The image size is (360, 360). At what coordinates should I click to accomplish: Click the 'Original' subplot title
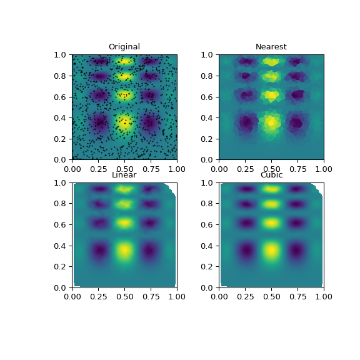coord(124,47)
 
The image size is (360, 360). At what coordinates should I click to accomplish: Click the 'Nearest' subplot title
coord(271,47)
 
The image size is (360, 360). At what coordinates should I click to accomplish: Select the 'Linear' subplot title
coord(124,175)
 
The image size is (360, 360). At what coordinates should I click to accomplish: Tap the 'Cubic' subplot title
coord(271,175)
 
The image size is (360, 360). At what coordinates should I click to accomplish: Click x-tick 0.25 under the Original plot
coord(98,167)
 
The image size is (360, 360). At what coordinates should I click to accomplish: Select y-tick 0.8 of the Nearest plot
coord(209,76)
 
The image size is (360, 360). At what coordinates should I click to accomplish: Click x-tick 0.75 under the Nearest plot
coord(297,167)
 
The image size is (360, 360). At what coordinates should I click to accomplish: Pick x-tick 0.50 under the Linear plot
coord(124,296)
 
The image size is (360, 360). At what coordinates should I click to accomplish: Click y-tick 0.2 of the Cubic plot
coord(209,267)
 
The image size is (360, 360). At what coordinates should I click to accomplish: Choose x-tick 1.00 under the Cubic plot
coord(324,296)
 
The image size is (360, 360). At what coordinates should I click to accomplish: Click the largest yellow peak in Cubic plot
coord(271,251)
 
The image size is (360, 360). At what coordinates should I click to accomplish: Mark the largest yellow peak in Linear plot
coord(124,251)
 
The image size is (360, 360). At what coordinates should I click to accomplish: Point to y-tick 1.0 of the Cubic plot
coord(209,182)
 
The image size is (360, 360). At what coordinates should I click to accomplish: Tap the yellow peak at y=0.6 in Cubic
coord(271,222)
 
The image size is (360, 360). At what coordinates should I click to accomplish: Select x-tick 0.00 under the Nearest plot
coord(219,167)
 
